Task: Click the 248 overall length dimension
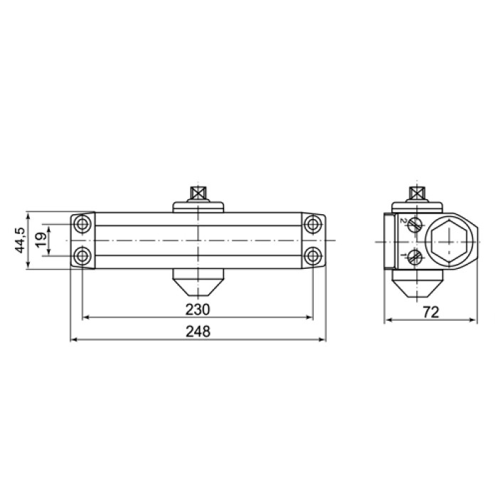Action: (198, 332)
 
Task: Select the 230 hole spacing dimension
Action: (198, 309)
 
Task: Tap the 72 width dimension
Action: (431, 312)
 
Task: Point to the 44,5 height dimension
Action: (20, 240)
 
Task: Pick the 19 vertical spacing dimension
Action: (41, 240)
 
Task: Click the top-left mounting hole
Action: (83, 224)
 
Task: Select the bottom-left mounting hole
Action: (83, 255)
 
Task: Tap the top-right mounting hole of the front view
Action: (313, 224)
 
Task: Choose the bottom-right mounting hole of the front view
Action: (313, 255)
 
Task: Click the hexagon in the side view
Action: (449, 241)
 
